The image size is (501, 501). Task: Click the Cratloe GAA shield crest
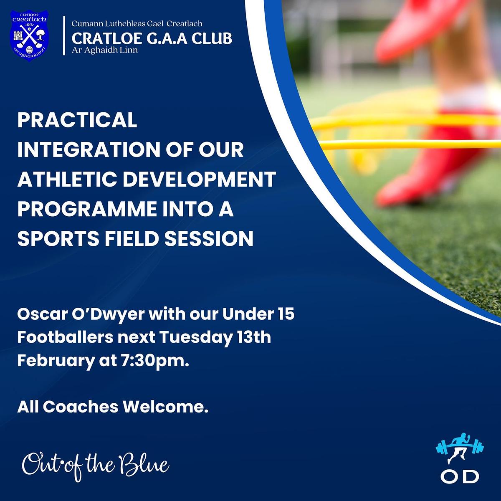pyautogui.click(x=29, y=35)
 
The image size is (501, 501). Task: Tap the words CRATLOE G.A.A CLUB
pyautogui.click(x=152, y=38)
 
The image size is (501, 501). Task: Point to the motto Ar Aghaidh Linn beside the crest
pyautogui.click(x=104, y=50)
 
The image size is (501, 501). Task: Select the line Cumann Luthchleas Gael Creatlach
pyautogui.click(x=137, y=24)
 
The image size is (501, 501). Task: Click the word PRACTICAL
pyautogui.click(x=77, y=120)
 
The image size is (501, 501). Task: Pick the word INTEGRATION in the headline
pyautogui.click(x=85, y=149)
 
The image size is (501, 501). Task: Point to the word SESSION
pyautogui.click(x=209, y=238)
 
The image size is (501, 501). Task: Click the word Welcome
pyautogui.click(x=166, y=407)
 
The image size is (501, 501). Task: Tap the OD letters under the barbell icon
pyautogui.click(x=460, y=476)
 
